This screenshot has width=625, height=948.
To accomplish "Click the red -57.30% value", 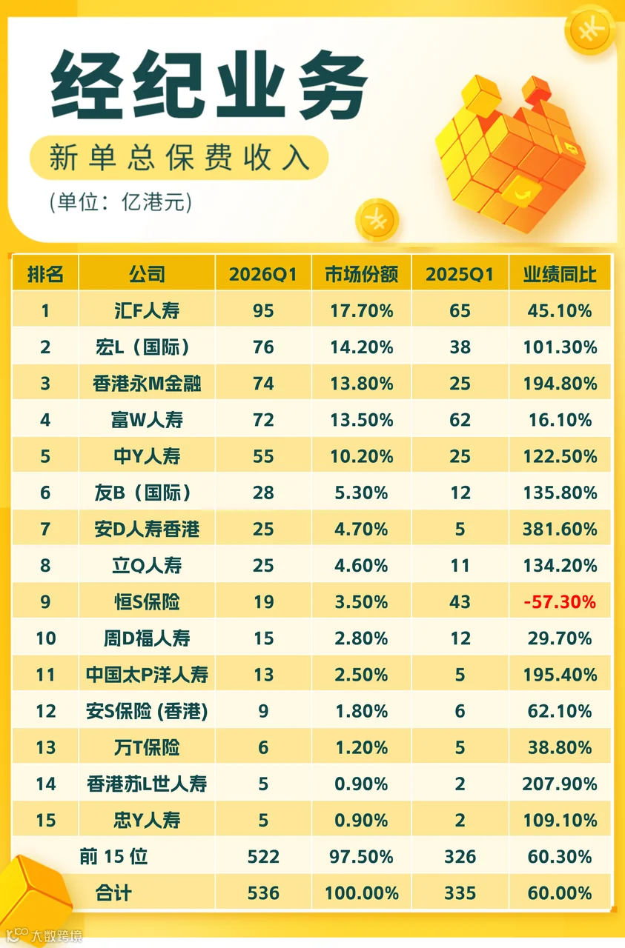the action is click(560, 602).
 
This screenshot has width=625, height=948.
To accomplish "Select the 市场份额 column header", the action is click(362, 274).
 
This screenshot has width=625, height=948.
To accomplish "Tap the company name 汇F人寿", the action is click(147, 311).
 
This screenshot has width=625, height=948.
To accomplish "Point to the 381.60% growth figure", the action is click(560, 529).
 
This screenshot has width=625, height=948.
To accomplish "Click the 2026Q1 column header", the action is click(262, 274).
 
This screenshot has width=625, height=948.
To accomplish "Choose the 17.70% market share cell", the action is click(362, 311).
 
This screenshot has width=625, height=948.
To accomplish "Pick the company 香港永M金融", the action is click(147, 384).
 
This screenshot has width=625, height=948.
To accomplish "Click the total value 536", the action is click(263, 893).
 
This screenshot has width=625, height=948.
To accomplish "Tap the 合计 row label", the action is click(113, 893).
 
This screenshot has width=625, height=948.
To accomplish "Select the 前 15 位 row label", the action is click(113, 857).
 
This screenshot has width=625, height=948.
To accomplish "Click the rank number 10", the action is click(45, 638).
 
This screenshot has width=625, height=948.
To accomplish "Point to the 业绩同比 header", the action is click(560, 274).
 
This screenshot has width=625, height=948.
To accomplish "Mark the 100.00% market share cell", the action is click(362, 893).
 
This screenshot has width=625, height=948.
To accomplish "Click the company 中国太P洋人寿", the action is click(147, 675).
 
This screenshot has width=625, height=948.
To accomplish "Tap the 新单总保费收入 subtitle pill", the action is click(179, 158).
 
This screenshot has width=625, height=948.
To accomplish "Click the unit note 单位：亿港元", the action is click(121, 202).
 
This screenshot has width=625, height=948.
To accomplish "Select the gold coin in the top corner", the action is click(590, 30).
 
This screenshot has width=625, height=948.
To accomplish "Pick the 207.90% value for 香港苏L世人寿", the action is click(560, 784).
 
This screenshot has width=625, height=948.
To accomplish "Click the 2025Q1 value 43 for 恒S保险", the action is click(460, 602).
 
